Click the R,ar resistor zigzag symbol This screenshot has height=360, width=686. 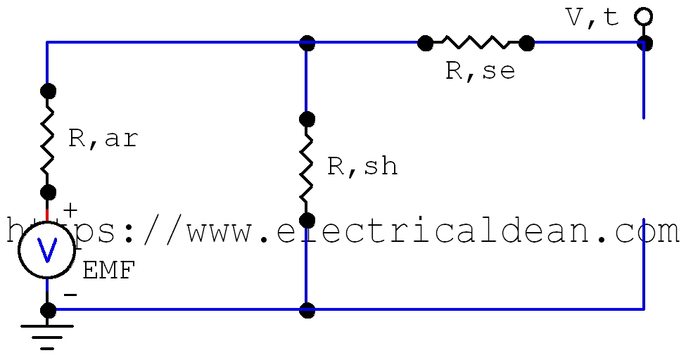[x=47, y=141]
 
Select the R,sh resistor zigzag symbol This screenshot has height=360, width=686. [x=307, y=169]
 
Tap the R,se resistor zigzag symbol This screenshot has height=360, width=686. [x=476, y=43]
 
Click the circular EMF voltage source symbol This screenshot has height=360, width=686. [x=47, y=250]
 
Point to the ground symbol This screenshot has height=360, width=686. [x=47, y=335]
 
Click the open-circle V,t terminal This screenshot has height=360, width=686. [x=643, y=15]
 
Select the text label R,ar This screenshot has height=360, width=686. [x=103, y=139]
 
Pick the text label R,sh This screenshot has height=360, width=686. [x=362, y=166]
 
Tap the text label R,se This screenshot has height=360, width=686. [x=480, y=71]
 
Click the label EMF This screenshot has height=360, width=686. [x=108, y=271]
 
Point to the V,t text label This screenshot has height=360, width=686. [x=593, y=18]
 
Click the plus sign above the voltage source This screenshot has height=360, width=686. [x=70, y=210]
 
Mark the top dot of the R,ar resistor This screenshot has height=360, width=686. [x=47, y=91]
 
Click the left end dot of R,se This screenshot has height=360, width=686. [x=425, y=43]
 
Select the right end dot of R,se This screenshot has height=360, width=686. [x=526, y=43]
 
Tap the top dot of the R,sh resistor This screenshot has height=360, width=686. [x=307, y=118]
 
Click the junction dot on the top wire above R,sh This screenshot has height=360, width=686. [x=307, y=43]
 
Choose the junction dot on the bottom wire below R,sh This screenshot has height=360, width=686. [x=307, y=309]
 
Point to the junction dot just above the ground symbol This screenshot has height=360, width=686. [x=47, y=309]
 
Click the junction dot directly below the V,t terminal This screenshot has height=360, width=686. [x=644, y=43]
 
